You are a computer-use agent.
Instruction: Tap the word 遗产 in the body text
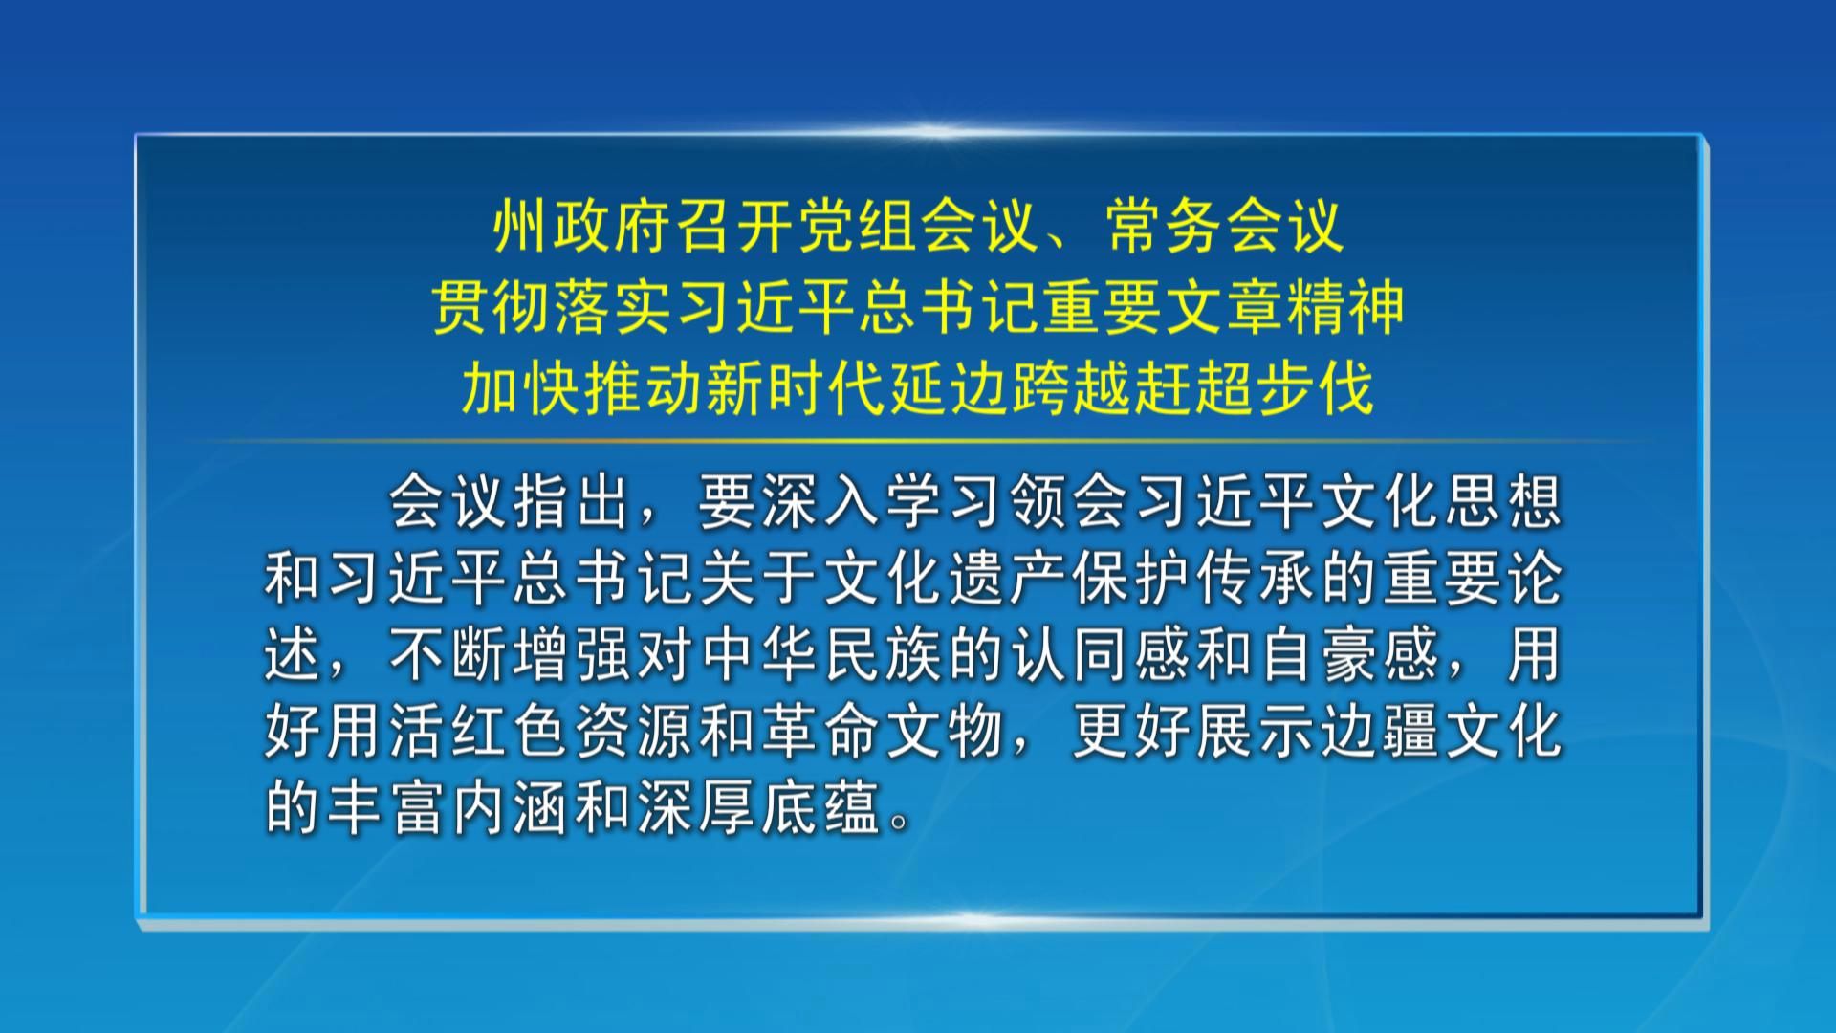pos(1010,580)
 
